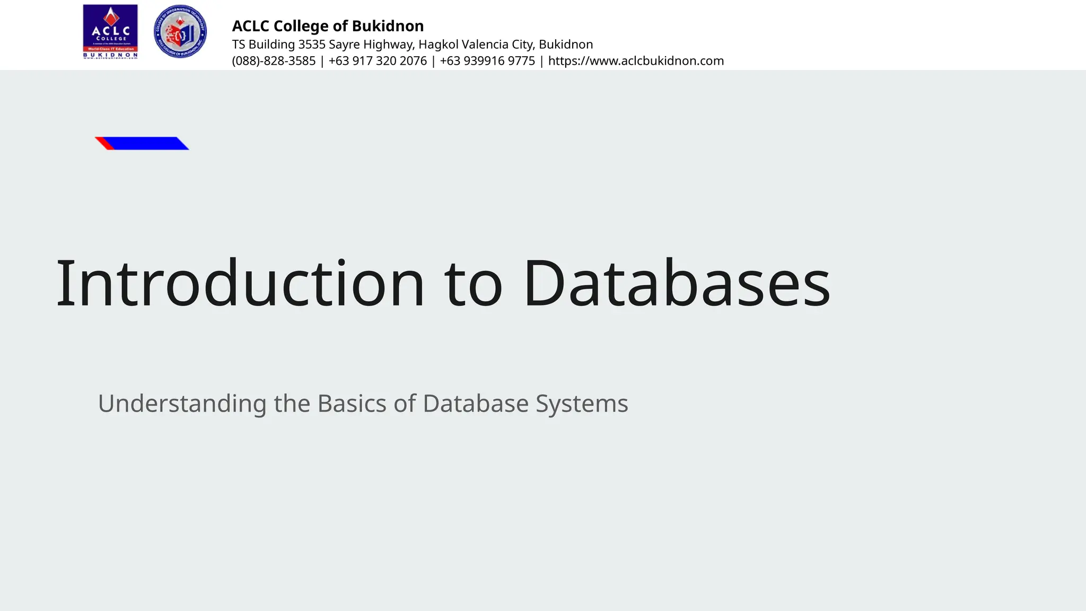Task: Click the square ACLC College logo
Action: [x=110, y=32]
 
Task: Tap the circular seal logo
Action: [x=180, y=32]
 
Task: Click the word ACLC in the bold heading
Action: [x=251, y=26]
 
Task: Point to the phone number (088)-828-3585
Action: [x=274, y=61]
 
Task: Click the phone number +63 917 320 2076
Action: [x=378, y=61]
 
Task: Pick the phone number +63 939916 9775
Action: [x=487, y=61]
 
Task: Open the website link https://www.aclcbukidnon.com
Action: [x=636, y=61]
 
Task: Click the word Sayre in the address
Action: [x=344, y=45]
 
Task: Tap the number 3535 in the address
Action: [x=312, y=45]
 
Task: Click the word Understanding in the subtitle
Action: [x=182, y=404]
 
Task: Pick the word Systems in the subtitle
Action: [x=582, y=404]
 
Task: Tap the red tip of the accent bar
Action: [x=104, y=143]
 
